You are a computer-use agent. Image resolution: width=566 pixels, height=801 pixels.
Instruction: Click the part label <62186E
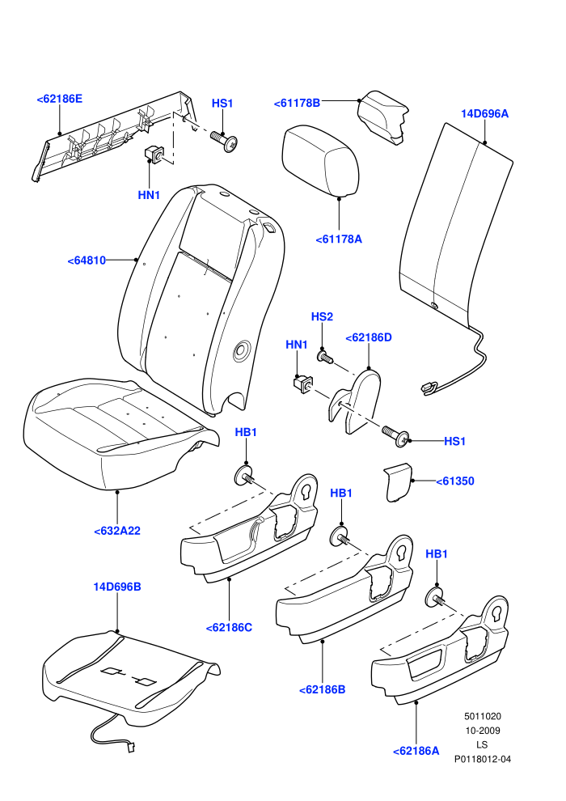59,99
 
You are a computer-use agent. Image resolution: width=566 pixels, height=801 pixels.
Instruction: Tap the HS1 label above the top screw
222,104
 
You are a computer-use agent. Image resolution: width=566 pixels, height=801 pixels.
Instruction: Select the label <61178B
297,104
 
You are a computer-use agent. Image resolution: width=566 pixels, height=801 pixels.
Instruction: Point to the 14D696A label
485,113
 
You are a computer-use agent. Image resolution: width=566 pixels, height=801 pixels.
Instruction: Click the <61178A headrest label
339,239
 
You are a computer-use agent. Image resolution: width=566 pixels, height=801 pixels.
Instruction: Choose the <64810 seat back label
87,261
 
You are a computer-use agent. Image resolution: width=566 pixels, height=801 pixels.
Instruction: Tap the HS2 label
322,316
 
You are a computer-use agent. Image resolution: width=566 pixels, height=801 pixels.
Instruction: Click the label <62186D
369,337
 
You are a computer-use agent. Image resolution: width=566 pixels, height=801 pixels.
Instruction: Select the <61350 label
455,481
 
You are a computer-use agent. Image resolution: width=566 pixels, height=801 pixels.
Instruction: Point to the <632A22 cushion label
117,532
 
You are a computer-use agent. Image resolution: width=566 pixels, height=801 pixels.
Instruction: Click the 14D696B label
117,587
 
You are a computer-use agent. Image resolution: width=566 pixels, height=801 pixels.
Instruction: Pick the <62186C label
229,628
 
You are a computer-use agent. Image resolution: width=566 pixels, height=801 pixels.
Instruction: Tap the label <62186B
323,689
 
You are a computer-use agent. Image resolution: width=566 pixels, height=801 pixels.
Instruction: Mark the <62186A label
416,751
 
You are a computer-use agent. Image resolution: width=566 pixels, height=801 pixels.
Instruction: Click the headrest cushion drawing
320,161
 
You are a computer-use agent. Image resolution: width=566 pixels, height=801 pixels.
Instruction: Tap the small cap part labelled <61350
398,482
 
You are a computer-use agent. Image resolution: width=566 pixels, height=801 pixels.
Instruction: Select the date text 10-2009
483,731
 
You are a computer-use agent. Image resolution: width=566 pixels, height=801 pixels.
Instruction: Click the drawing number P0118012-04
483,759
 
